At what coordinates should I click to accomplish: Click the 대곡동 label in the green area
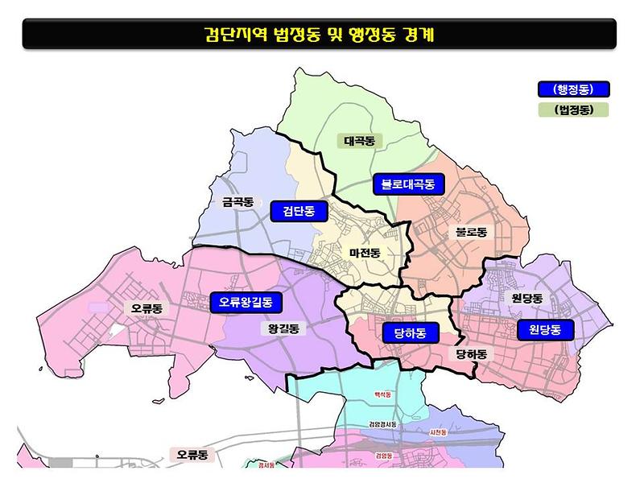point(359,141)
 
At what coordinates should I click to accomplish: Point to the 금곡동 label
point(237,203)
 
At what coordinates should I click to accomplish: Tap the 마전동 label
point(365,253)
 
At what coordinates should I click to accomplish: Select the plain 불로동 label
point(471,232)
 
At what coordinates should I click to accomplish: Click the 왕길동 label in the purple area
point(283,328)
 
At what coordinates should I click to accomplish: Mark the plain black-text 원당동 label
point(527,299)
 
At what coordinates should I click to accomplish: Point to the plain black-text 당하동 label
point(471,354)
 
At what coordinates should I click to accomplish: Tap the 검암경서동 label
point(382,424)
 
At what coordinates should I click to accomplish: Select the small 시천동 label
point(440,433)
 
